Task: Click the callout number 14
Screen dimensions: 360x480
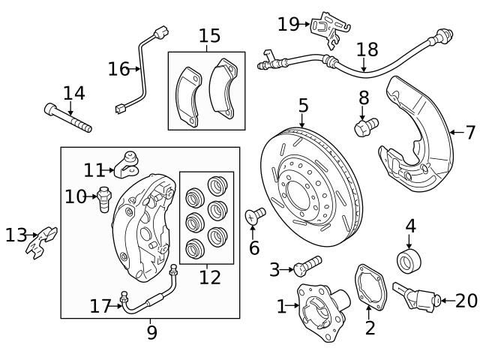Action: pyautogui.click(x=73, y=94)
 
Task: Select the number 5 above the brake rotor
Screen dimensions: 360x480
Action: pyautogui.click(x=303, y=104)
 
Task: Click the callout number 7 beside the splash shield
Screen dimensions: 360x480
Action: pyautogui.click(x=470, y=133)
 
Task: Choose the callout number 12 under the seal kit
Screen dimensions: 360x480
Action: pyautogui.click(x=209, y=277)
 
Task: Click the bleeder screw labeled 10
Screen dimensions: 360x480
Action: pyautogui.click(x=103, y=199)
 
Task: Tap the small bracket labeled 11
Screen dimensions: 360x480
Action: pyautogui.click(x=129, y=162)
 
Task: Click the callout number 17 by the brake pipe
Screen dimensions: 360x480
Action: pyautogui.click(x=100, y=306)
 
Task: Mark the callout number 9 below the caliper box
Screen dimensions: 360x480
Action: pyautogui.click(x=151, y=331)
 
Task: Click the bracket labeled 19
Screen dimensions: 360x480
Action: pyautogui.click(x=328, y=26)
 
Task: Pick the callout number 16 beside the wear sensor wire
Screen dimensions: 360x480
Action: pyautogui.click(x=118, y=70)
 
